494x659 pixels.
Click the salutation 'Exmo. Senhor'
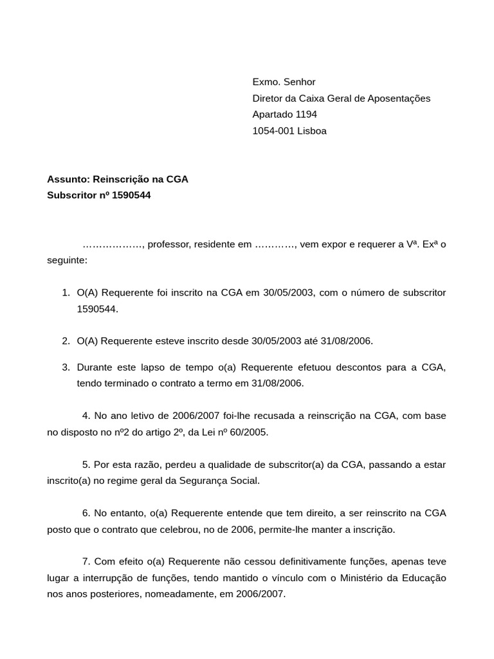pyautogui.click(x=284, y=82)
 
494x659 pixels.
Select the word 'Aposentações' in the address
pyautogui.click(x=398, y=98)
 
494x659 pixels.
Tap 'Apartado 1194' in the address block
pyautogui.click(x=284, y=115)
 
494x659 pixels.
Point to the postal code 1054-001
pyautogui.click(x=273, y=131)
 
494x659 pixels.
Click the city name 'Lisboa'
pyautogui.click(x=312, y=131)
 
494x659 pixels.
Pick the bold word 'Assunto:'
pyautogui.click(x=69, y=179)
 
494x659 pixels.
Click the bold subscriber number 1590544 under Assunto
pyautogui.click(x=131, y=195)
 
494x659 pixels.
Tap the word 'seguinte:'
pyautogui.click(x=67, y=261)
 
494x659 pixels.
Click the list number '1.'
pyautogui.click(x=66, y=293)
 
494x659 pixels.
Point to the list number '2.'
pyautogui.click(x=66, y=341)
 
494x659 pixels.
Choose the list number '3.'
pyautogui.click(x=66, y=367)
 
